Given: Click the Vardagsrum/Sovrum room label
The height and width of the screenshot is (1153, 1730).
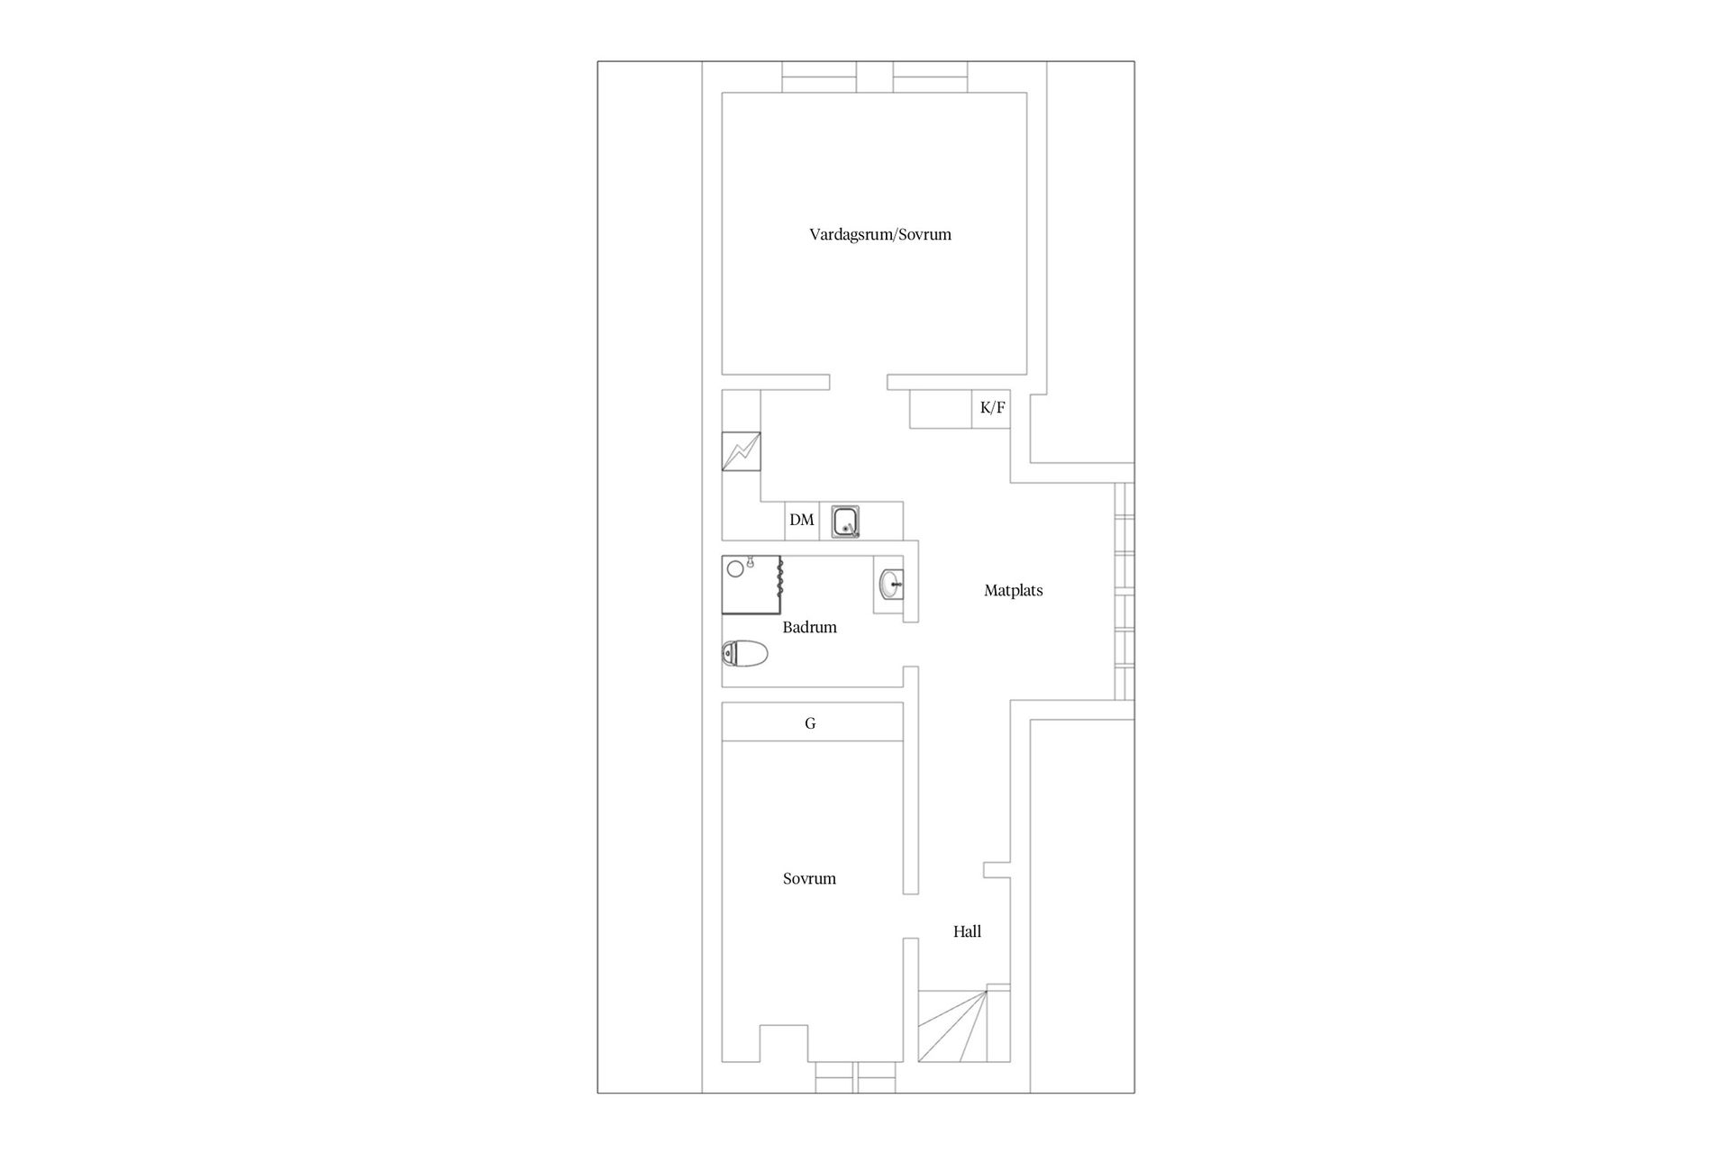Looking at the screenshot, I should point(879,234).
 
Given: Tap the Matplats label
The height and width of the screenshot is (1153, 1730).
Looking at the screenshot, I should point(1013,591).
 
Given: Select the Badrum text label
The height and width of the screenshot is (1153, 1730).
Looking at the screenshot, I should point(809,627).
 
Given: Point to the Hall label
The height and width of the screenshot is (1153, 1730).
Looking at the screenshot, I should point(967,931).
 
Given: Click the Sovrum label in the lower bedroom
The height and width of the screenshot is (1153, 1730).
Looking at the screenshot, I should point(809,878).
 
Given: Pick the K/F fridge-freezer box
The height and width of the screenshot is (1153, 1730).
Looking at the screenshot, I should point(991,408).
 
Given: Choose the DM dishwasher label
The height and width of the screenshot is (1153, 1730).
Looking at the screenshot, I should point(801,520).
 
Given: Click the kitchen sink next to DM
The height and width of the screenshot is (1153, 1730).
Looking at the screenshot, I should point(845,522).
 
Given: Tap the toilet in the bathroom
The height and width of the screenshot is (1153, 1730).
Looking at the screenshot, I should point(744,653).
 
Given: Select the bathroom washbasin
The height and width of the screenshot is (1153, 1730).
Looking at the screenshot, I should point(891,584).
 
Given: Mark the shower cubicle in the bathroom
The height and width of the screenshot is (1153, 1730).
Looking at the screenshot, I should point(751,585).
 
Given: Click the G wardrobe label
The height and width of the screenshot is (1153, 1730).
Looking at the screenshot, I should point(810,722).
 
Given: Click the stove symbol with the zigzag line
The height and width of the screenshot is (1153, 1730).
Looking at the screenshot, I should point(741,451).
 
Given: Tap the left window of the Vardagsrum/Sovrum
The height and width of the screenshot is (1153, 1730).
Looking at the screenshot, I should point(818,77).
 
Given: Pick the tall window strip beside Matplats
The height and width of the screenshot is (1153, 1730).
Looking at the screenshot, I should point(1124,591).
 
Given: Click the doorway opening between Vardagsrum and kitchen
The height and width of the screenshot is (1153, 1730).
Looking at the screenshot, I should point(858,383).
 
